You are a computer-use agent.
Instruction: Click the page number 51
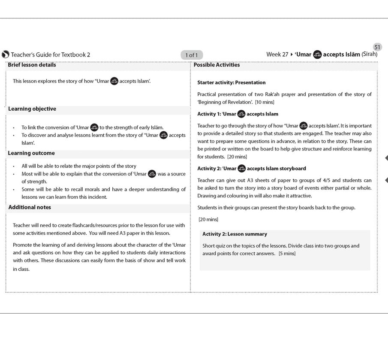click(x=377, y=47)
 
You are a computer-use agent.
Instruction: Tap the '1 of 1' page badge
click(x=192, y=55)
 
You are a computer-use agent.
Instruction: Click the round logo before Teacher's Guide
click(x=6, y=54)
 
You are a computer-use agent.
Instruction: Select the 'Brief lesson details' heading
click(x=32, y=65)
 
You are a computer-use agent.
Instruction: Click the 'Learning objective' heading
click(x=32, y=109)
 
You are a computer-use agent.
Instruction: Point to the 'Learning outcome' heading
click(x=31, y=153)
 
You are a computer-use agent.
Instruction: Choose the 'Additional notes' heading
click(x=30, y=207)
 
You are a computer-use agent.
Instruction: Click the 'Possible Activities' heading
click(x=217, y=65)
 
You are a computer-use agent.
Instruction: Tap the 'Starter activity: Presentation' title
click(x=232, y=82)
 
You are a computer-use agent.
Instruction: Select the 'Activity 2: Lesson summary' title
click(x=235, y=234)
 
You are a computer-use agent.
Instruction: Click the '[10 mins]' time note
click(x=265, y=102)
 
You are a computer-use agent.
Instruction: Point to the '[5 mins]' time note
click(x=287, y=254)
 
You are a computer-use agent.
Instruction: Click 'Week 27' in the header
click(x=277, y=54)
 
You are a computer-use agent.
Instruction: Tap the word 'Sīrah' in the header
click(x=370, y=54)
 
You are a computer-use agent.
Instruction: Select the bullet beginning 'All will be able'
click(x=79, y=166)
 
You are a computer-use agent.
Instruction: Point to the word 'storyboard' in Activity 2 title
click(x=292, y=169)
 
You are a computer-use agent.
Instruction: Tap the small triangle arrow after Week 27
click(x=292, y=54)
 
